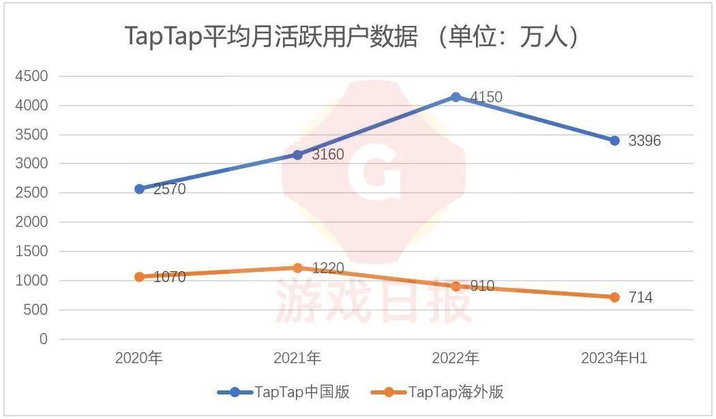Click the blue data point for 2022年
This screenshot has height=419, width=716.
(x=456, y=97)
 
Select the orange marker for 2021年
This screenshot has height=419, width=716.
(x=297, y=268)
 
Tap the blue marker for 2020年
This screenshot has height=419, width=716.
(x=139, y=189)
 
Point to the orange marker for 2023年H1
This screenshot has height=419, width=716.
(x=614, y=297)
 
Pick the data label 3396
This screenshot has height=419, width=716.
(x=644, y=142)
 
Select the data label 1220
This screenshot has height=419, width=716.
(x=327, y=268)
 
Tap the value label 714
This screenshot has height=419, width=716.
(x=640, y=298)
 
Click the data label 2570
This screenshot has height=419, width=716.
(x=169, y=189)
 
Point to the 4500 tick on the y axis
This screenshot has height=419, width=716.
(x=31, y=76)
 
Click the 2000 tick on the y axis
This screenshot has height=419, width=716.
(x=31, y=222)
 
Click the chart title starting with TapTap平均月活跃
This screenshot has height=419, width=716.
(x=353, y=37)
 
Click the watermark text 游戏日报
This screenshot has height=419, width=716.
(x=374, y=303)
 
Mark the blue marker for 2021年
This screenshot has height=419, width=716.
(x=297, y=155)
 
